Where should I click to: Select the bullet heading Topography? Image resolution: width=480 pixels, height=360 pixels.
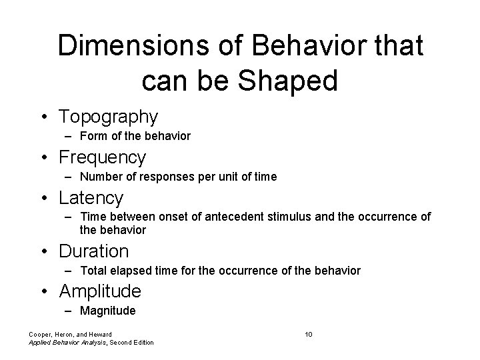coord(108,117)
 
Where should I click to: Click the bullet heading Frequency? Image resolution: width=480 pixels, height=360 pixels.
coord(102,157)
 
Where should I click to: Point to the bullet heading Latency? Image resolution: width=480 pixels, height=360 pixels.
coord(91,198)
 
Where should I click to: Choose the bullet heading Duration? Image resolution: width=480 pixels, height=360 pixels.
coord(93,251)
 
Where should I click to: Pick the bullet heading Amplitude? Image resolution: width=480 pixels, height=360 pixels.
coord(100,291)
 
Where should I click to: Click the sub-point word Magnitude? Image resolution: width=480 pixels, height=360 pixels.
coord(107,311)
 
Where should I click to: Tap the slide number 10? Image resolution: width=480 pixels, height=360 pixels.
coord(309,334)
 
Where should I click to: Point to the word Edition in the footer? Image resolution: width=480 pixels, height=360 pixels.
coord(141,343)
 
